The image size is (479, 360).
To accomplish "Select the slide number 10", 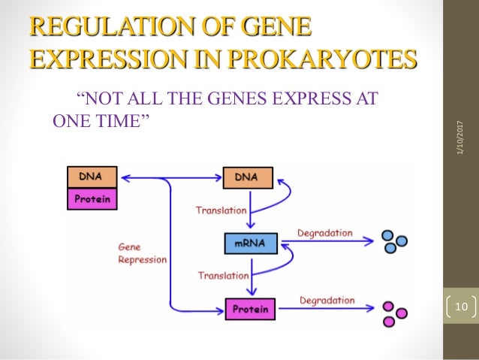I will [459, 307].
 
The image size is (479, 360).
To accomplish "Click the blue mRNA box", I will [250, 243].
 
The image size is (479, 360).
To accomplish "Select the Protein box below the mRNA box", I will [250, 307].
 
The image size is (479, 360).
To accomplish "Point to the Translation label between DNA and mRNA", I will [221, 210].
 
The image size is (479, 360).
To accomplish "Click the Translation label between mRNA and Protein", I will [223, 276].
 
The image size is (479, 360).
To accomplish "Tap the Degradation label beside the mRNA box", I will [324, 233].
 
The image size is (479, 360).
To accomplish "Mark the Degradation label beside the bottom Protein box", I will [327, 301].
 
